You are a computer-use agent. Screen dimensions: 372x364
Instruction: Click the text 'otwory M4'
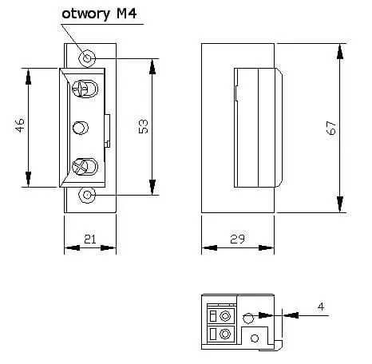point(99,14)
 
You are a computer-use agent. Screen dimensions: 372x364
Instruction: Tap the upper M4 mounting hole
point(87,58)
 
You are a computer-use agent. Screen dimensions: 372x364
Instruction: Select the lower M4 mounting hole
point(87,195)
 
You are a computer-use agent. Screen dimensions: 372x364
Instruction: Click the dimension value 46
point(20,125)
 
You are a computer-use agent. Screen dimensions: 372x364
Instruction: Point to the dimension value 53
point(143,126)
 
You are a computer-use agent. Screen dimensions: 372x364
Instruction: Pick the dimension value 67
point(330,128)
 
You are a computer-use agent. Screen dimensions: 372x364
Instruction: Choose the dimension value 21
point(90,239)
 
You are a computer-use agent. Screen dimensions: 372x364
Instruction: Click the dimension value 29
point(237,239)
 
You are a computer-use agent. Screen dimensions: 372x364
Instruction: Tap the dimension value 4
point(321,307)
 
